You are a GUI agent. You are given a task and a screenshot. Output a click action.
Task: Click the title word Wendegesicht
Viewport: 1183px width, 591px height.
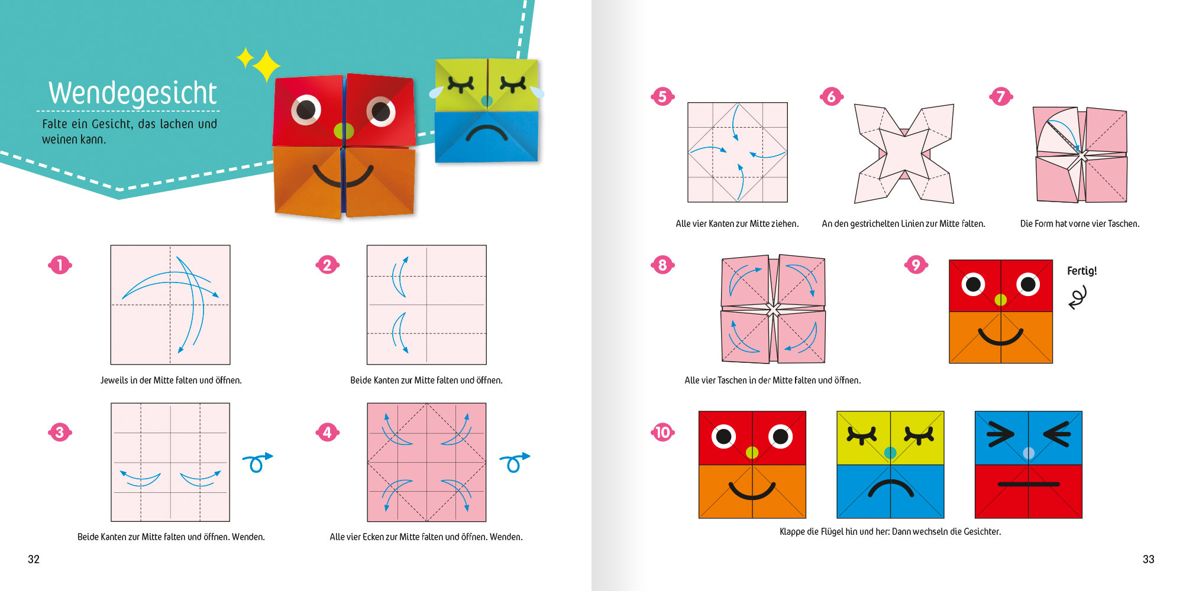(133, 93)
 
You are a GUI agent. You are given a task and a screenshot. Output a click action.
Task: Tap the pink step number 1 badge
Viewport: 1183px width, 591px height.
(60, 265)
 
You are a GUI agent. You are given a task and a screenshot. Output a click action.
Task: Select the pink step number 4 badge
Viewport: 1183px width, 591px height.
(328, 432)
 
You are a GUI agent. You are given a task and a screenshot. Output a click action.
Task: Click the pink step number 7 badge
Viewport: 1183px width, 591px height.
(1001, 96)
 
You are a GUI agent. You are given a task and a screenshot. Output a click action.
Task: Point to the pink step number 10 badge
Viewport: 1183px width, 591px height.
(662, 432)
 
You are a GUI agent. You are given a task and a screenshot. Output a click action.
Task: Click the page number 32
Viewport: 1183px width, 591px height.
(34, 559)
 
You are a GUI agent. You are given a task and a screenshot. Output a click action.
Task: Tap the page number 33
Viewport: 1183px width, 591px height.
(1148, 559)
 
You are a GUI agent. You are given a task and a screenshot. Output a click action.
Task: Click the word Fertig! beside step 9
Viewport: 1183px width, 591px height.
(1082, 271)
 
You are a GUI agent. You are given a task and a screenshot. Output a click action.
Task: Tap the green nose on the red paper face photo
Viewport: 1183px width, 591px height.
(343, 131)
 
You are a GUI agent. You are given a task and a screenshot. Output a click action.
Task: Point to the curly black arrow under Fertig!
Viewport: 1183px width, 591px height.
(1078, 297)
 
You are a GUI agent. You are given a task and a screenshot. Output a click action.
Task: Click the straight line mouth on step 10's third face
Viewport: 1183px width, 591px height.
(1029, 485)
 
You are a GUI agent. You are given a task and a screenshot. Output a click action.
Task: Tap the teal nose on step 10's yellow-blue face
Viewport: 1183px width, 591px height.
(890, 453)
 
